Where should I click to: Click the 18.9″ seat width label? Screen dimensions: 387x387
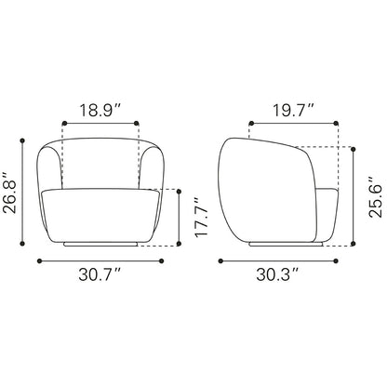[x=100, y=111]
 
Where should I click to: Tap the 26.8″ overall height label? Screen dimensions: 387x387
[x=9, y=193]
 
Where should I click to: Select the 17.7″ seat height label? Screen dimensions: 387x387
[x=201, y=217]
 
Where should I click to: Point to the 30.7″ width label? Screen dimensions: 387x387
[x=100, y=274]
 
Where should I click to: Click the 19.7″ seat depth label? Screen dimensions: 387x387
[x=294, y=111]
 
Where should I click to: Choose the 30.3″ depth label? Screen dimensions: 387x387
[x=277, y=274]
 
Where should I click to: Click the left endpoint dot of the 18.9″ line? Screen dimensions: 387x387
[x=64, y=124]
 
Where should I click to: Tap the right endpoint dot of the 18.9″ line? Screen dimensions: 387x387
[x=136, y=124]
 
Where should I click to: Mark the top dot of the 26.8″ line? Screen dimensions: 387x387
[x=22, y=140]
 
